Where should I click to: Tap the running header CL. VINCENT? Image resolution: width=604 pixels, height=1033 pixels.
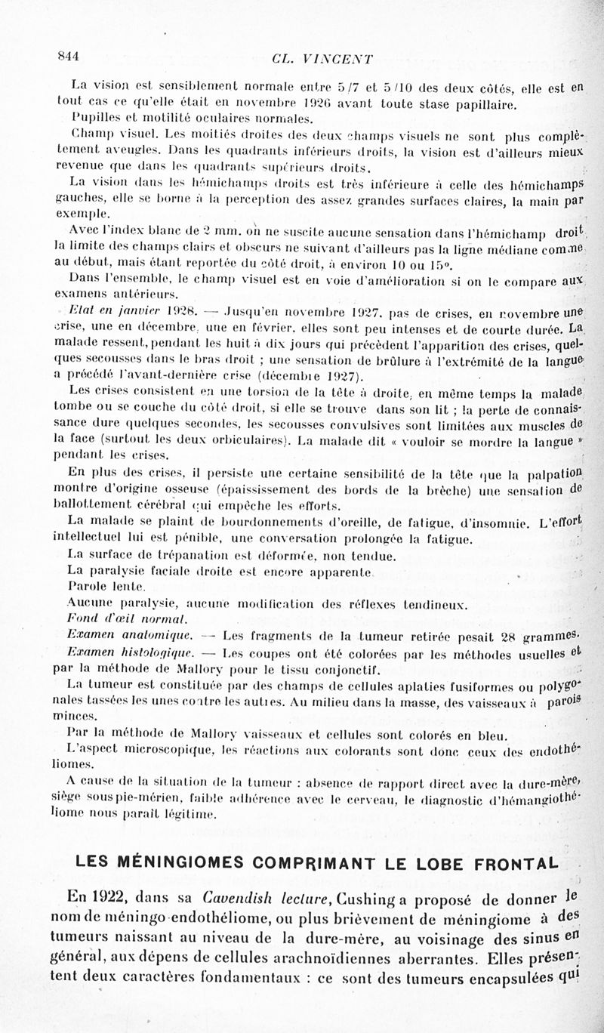(325, 60)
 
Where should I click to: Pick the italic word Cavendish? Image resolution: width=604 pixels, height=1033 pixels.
(236, 898)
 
